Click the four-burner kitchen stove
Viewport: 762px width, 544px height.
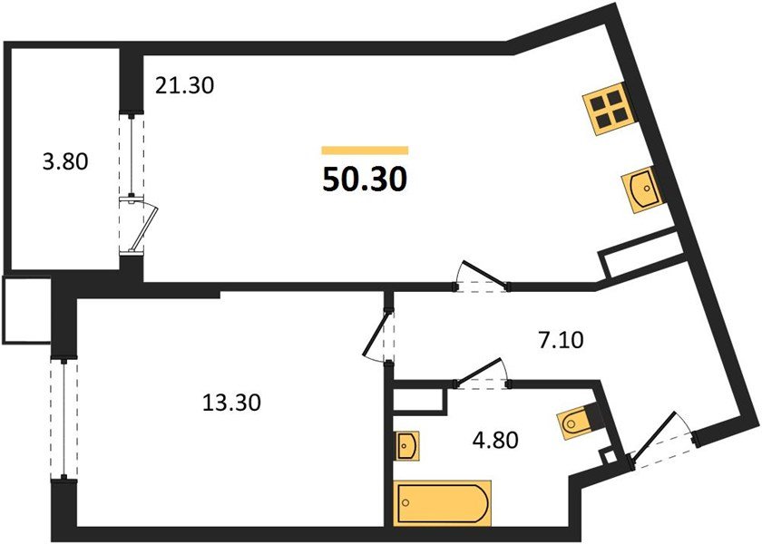(x=606, y=111)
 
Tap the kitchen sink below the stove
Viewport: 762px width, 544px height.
(x=643, y=189)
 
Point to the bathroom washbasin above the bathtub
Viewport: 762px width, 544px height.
(x=406, y=445)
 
